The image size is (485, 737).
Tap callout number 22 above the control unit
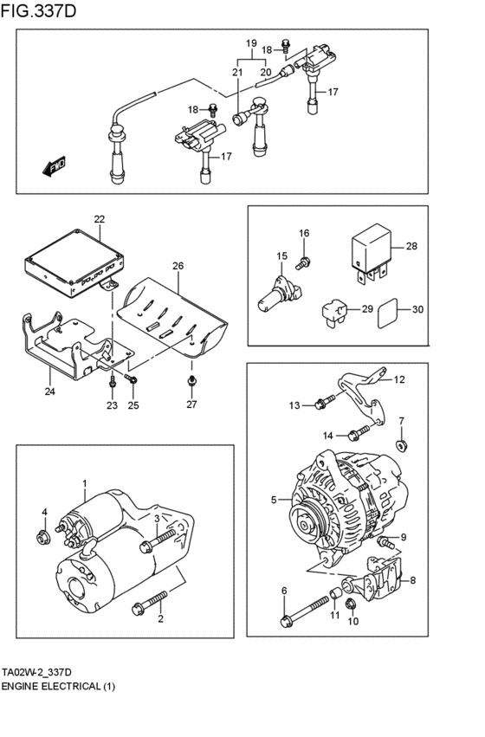pos(99,220)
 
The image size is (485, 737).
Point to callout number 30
pos(417,310)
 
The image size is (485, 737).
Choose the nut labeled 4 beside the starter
pos(42,537)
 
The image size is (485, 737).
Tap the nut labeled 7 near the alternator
pos(401,445)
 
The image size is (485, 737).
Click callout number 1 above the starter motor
pos(85,482)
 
